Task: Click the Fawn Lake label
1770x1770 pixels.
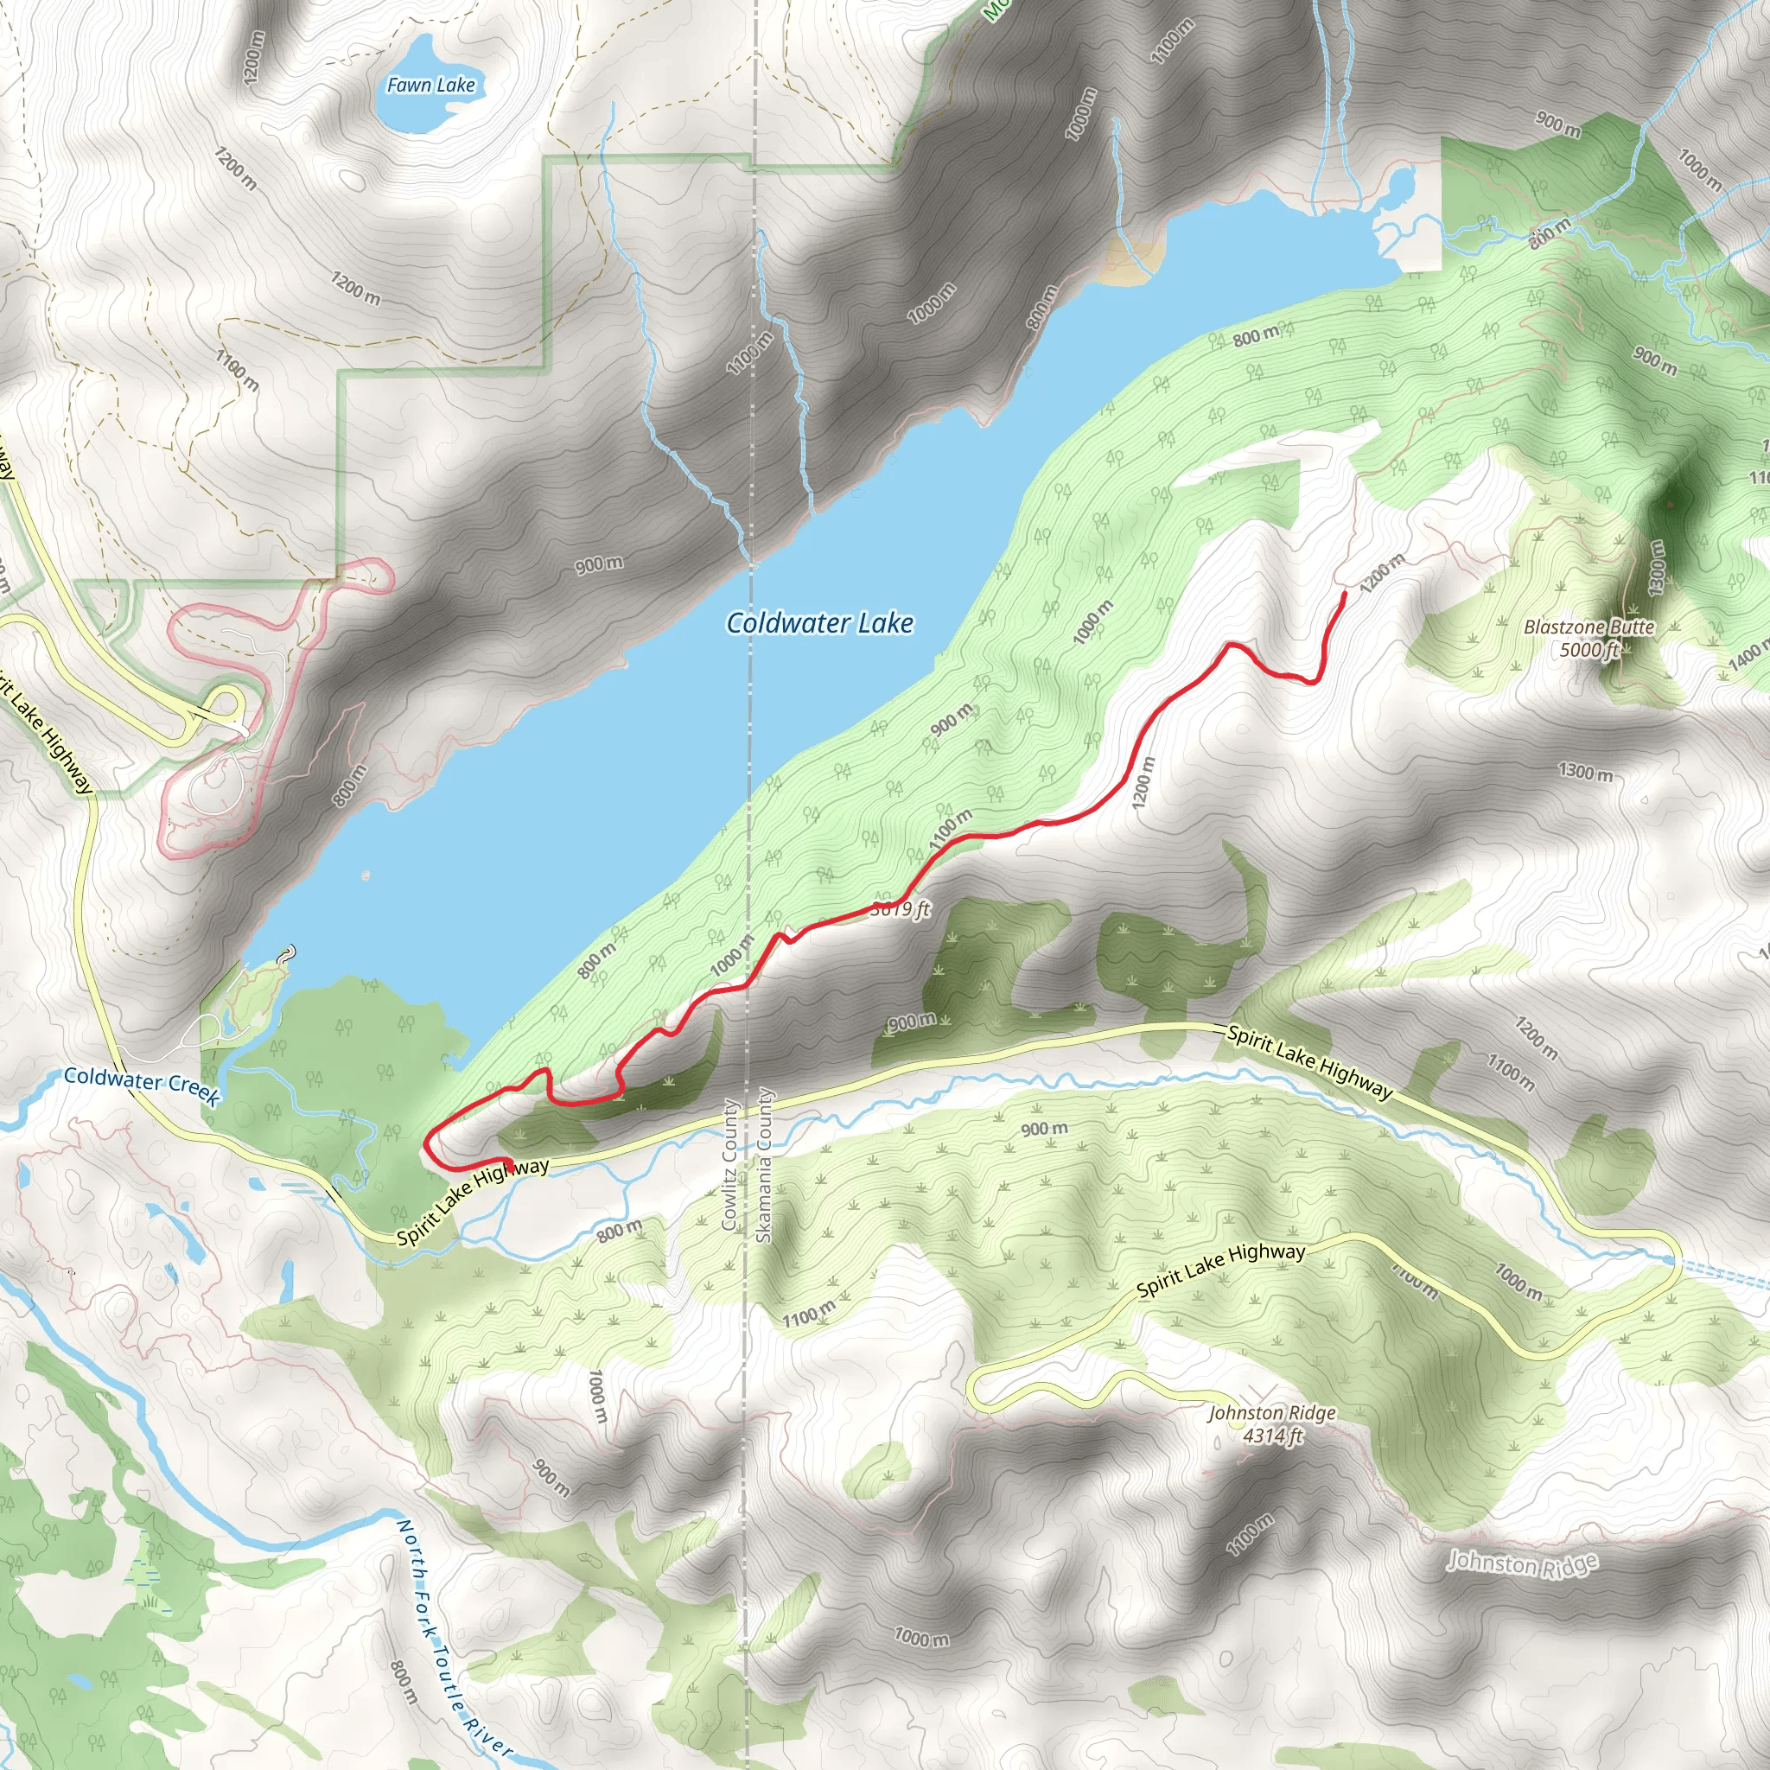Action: [430, 86]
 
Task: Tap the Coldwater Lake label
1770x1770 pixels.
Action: [820, 624]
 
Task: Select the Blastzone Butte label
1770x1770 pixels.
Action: [1589, 627]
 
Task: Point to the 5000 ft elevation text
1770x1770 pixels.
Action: [1589, 650]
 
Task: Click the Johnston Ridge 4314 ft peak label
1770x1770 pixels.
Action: [1271, 1423]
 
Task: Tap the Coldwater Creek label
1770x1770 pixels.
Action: [141, 1085]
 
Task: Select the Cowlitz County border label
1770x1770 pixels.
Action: [730, 1163]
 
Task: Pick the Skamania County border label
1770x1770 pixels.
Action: [764, 1165]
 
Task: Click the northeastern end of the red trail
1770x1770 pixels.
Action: [1344, 595]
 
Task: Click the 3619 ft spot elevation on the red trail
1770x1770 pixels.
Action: [900, 909]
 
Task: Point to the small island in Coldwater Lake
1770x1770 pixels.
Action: [366, 875]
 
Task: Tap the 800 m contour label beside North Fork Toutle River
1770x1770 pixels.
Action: [403, 1681]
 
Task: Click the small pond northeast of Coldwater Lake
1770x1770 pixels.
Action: [1399, 188]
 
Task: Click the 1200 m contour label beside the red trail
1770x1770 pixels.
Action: [1143, 783]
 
